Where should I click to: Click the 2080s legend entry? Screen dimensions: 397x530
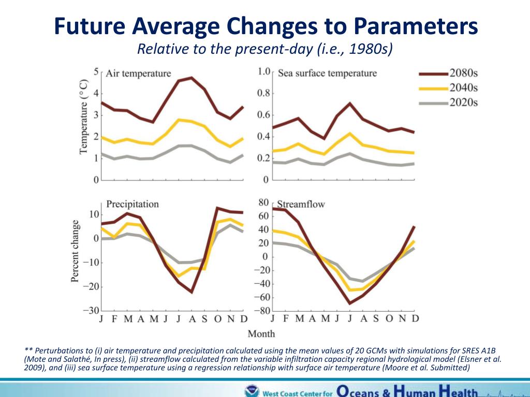[x=448, y=73]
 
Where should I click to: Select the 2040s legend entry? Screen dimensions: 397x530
[x=448, y=88]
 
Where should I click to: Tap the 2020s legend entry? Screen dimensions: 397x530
[x=448, y=102]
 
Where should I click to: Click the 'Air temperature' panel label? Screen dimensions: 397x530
[x=138, y=73]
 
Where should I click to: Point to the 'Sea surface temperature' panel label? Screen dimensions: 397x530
[x=327, y=73]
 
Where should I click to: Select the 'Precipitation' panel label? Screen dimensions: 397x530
[x=132, y=204]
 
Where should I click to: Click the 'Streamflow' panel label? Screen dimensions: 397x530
[x=301, y=204]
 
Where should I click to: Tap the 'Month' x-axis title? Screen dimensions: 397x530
[x=261, y=333]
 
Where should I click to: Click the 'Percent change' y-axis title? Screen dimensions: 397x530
[x=76, y=251]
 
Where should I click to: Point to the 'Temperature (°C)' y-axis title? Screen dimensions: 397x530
[x=83, y=117]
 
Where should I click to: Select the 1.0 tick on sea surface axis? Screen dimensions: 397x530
[x=264, y=71]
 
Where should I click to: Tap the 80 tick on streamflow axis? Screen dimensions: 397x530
[x=263, y=203]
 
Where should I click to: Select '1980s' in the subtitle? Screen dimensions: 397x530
[x=369, y=49]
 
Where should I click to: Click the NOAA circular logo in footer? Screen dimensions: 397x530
[x=252, y=391]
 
